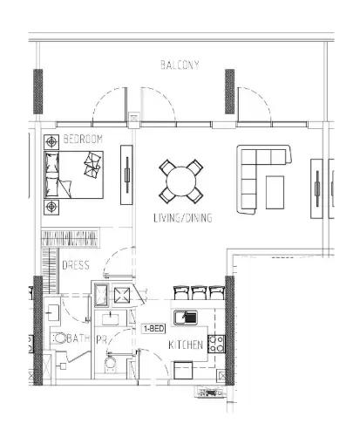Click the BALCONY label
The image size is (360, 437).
click(180, 65)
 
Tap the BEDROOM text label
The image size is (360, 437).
click(83, 140)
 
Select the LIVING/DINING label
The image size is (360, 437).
click(183, 218)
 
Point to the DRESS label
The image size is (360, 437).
click(76, 265)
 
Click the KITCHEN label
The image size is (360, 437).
click(186, 345)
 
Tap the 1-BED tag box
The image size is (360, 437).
click(153, 329)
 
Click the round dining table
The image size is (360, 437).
click(181, 181)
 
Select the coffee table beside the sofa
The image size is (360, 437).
click(275, 192)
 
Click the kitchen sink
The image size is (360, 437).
click(186, 318)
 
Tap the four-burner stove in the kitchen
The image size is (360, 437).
click(216, 344)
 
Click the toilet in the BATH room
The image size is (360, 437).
click(60, 338)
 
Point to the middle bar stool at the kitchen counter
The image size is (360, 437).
click(199, 293)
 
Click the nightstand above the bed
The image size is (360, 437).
click(51, 142)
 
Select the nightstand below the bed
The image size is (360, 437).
click(51, 208)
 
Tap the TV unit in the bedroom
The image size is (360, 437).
click(126, 174)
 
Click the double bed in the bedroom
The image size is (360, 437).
click(74, 174)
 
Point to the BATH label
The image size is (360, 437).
click(78, 338)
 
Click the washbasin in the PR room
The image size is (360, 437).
click(111, 318)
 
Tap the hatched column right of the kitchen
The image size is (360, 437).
click(229, 331)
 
